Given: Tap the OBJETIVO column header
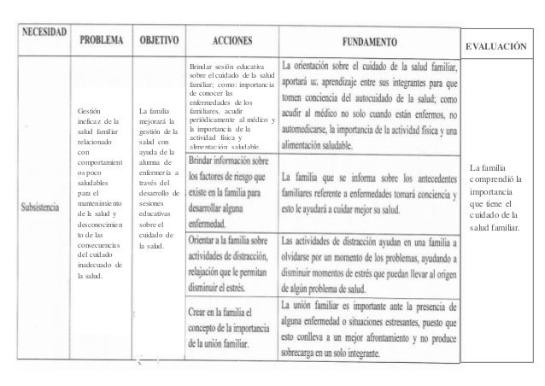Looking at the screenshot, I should coord(158,39).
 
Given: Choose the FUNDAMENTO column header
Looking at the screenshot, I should coord(370,39).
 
